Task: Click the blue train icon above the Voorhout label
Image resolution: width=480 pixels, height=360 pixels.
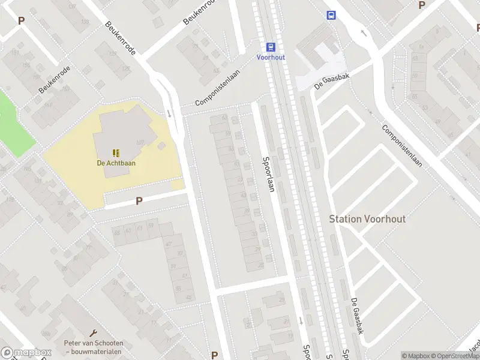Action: pyautogui.click(x=271, y=47)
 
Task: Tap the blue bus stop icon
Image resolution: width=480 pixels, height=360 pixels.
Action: pyautogui.click(x=331, y=15)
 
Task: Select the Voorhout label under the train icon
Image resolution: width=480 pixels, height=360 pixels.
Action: pyautogui.click(x=271, y=57)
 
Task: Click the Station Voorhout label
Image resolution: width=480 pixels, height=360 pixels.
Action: pyautogui.click(x=367, y=219)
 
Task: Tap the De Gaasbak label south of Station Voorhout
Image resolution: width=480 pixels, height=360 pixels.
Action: pyautogui.click(x=358, y=315)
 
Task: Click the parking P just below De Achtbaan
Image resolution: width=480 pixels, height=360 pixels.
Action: pyautogui.click(x=139, y=202)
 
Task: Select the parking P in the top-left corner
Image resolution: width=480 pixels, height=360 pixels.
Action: pyautogui.click(x=22, y=20)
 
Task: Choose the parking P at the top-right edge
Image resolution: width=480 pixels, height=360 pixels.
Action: pyautogui.click(x=422, y=5)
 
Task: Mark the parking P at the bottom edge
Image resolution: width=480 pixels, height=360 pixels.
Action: pyautogui.click(x=214, y=355)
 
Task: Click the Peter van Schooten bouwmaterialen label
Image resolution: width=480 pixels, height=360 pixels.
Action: pyautogui.click(x=93, y=347)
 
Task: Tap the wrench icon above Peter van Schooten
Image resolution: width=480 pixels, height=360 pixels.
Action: pyautogui.click(x=93, y=332)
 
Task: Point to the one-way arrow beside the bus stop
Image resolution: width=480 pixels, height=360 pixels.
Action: pyautogui.click(x=362, y=33)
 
